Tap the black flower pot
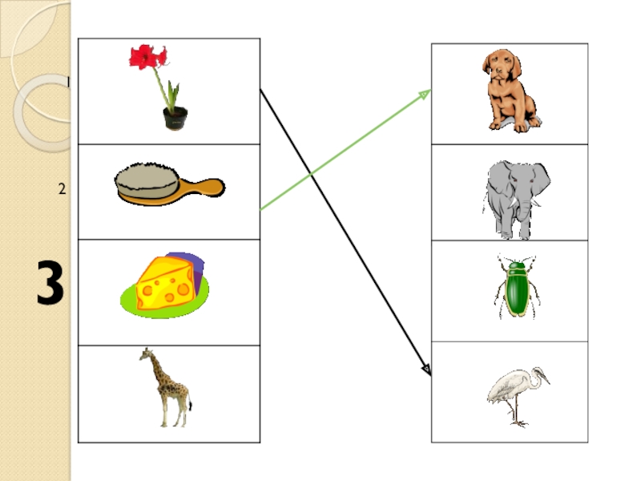pos(175,118)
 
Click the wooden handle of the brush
pos(208,188)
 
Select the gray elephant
pos(517,196)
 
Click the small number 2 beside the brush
pos(61,189)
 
